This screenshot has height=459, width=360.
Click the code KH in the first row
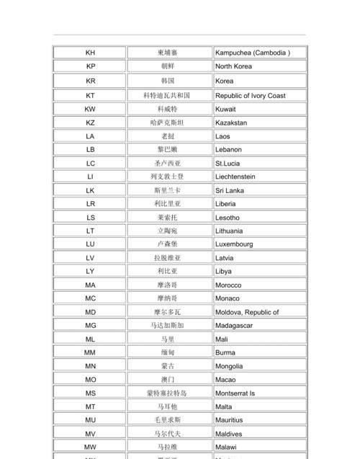tap(90, 53)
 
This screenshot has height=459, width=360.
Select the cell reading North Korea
tap(233, 66)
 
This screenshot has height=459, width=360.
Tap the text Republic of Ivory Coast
tap(250, 96)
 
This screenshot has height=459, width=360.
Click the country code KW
tap(90, 109)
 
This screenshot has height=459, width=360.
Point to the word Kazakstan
tap(230, 123)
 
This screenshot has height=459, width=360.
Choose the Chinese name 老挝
tap(168, 136)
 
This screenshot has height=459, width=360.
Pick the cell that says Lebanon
tap(228, 150)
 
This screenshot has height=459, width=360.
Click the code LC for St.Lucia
tap(90, 164)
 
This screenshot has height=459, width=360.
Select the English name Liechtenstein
tap(235, 177)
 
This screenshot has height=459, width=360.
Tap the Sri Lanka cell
tap(229, 190)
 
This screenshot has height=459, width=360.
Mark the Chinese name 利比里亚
tap(168, 204)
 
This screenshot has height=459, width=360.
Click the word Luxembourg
tap(234, 244)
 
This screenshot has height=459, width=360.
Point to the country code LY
tap(90, 272)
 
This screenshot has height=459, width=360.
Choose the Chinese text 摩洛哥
tap(168, 285)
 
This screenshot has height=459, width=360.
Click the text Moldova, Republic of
tap(247, 313)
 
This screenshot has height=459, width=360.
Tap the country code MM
tap(90, 353)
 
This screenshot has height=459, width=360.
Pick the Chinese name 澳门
tap(168, 380)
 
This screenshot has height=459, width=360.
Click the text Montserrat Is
tap(235, 393)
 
